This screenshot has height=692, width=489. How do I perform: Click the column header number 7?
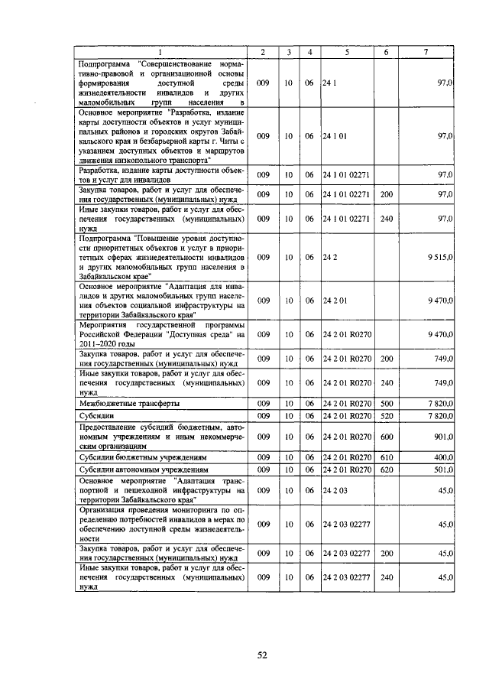426,51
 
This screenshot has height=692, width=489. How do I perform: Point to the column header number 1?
161,51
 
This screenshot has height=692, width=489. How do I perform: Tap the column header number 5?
347,51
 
